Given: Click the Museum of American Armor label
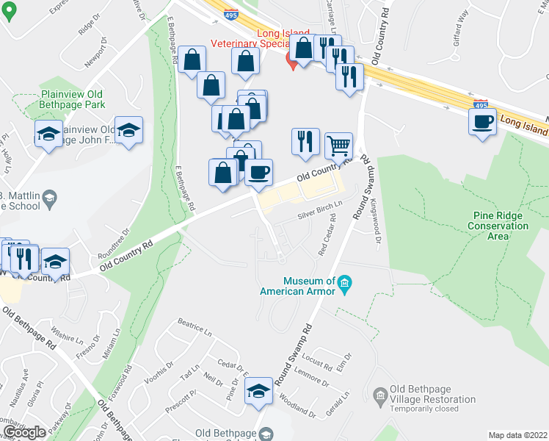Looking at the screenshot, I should point(297,285).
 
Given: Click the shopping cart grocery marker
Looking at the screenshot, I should point(338,145).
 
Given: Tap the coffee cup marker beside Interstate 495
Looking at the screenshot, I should point(483,121).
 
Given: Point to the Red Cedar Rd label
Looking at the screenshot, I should point(327,234).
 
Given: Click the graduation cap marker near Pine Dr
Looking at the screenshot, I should point(258,392).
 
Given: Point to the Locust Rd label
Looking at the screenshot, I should point(317,362).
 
